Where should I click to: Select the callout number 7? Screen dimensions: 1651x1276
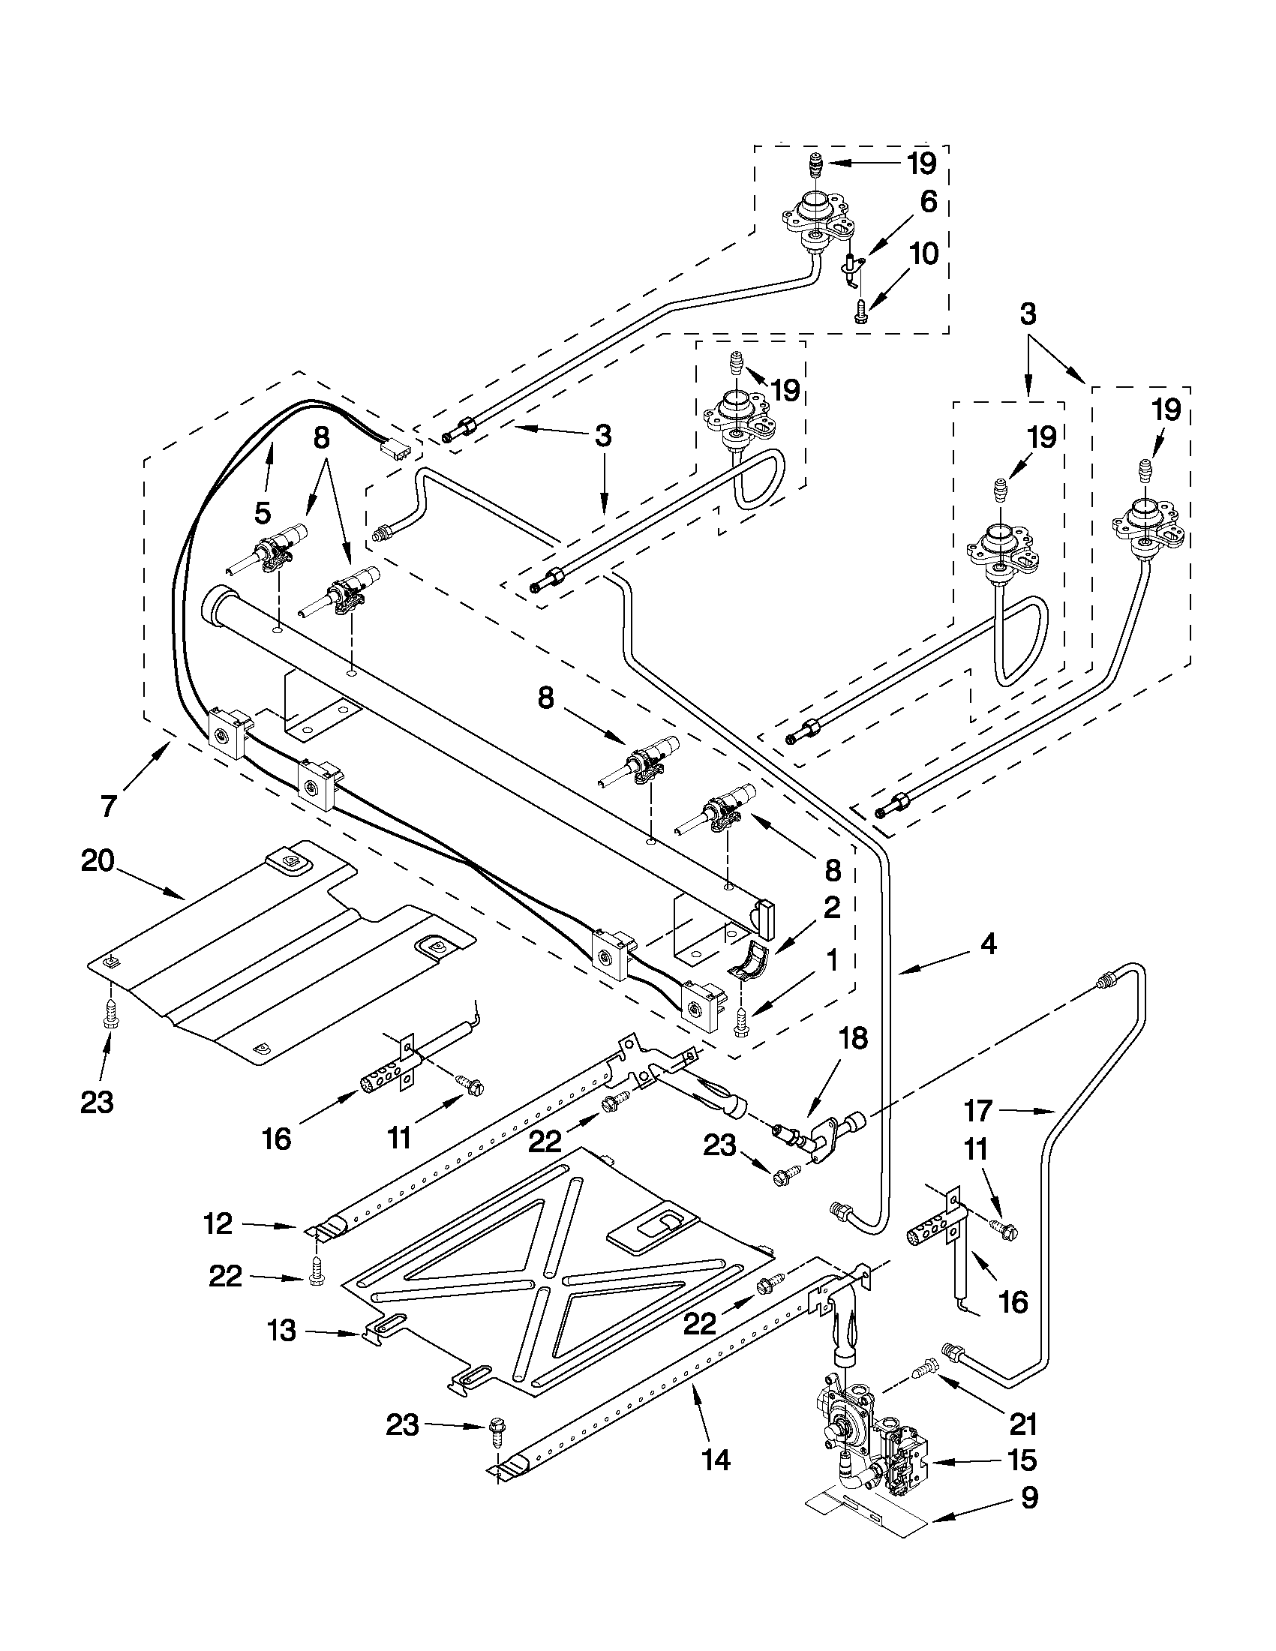pyautogui.click(x=109, y=806)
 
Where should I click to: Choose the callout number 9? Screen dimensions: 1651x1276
pyautogui.click(x=1028, y=1497)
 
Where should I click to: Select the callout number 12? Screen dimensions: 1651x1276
pyautogui.click(x=218, y=1223)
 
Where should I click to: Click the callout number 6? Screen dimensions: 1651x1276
pyautogui.click(x=928, y=203)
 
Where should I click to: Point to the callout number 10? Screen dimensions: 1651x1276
pyautogui.click(x=922, y=254)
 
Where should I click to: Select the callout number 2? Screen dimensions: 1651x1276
pyautogui.click(x=831, y=908)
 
